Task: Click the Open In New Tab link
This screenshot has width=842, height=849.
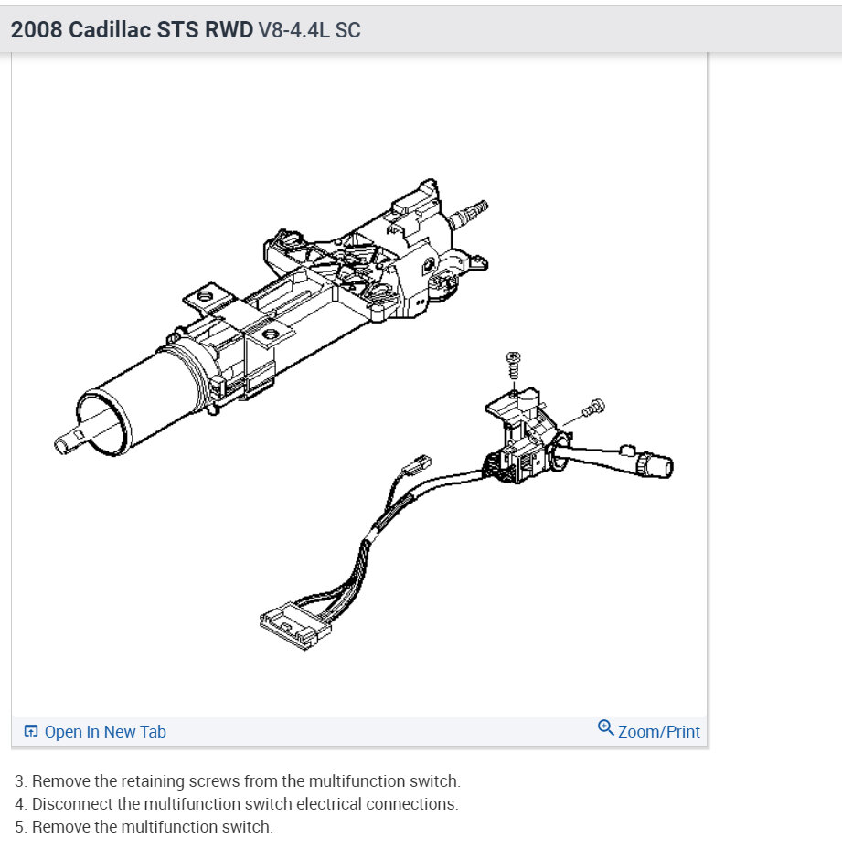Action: pos(105,731)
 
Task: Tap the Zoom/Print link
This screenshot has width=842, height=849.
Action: pos(658,731)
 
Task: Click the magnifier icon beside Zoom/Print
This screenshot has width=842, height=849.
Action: pos(605,728)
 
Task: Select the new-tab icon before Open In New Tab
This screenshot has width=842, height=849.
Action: pos(31,731)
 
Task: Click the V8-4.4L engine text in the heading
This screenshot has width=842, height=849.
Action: pos(295,30)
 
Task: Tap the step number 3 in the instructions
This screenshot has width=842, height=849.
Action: pos(19,781)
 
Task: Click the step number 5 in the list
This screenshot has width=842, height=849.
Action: pos(19,827)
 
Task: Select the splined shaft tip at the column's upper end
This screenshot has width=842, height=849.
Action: pos(473,211)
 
